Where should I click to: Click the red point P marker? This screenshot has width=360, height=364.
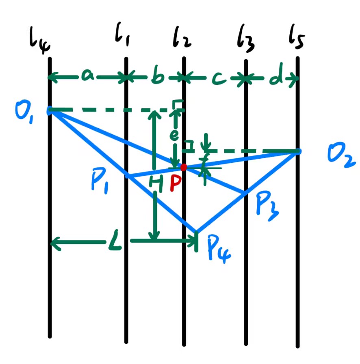[184, 167]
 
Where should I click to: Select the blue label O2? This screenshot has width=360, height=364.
[342, 158]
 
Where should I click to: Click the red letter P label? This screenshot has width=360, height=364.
[176, 184]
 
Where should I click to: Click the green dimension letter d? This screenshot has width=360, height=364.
[276, 79]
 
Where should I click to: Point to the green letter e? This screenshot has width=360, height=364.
[174, 137]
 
